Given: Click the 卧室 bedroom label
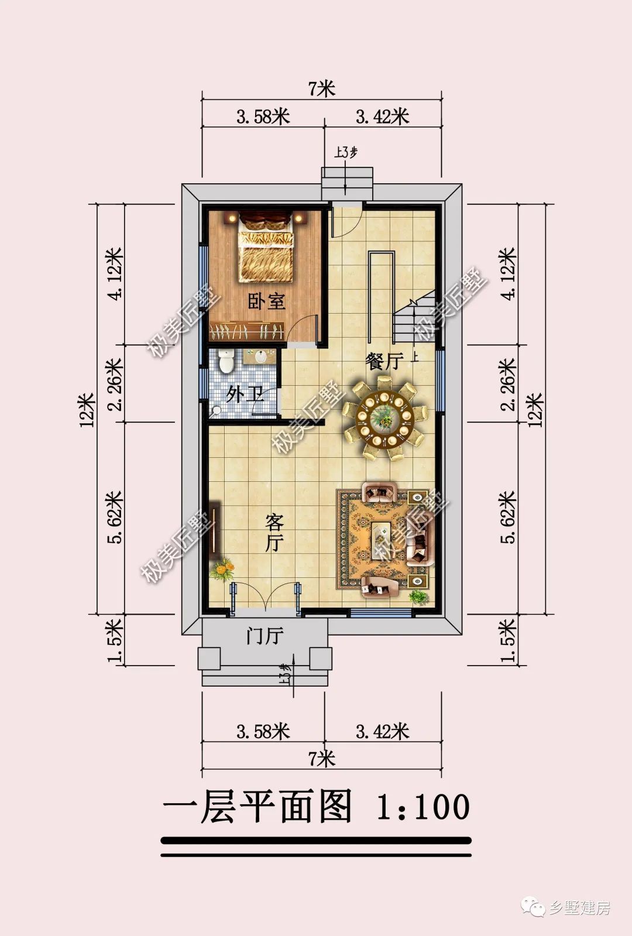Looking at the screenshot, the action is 266,301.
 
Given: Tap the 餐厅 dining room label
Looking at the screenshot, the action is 384,361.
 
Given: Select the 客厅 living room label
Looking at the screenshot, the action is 274,533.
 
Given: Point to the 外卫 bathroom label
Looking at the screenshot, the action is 245,394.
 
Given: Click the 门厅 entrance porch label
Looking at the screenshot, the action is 265,636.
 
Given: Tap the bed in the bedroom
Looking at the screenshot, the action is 266,246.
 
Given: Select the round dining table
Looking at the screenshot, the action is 384,419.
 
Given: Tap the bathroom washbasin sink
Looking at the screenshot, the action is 260,357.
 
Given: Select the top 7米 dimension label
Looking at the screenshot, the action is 322,88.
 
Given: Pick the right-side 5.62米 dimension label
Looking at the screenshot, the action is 509,517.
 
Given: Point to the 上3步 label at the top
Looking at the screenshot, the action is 345,153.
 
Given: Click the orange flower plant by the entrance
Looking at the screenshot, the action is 222,569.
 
